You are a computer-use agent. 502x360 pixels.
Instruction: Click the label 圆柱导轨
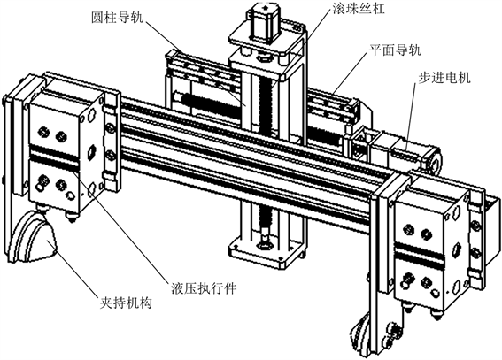click(117, 18)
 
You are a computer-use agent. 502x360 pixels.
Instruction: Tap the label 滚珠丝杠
click(358, 8)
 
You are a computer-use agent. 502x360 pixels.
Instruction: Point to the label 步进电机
click(444, 77)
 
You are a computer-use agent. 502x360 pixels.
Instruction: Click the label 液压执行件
click(204, 288)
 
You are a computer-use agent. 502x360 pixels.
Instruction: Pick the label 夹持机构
click(126, 303)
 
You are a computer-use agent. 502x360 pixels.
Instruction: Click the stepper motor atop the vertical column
click(264, 23)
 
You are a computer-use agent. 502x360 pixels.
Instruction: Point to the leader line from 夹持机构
click(73, 269)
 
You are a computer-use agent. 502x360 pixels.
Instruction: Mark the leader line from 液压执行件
click(121, 227)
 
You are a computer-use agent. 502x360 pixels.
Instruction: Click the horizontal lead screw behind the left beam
click(209, 103)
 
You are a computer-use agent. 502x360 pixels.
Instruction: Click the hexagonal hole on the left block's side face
click(92, 151)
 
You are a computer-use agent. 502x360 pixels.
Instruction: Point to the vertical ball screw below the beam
click(266, 220)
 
